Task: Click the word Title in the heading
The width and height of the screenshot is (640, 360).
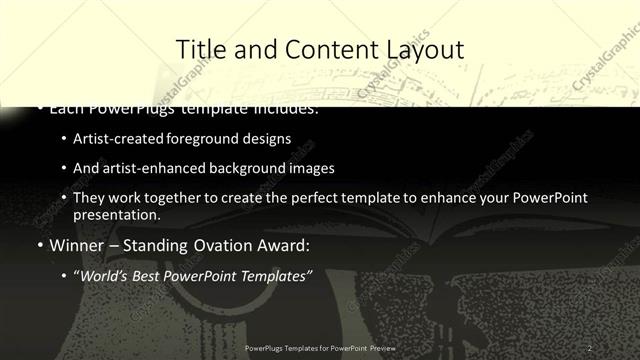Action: (x=200, y=49)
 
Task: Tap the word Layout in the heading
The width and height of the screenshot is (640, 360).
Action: (x=420, y=49)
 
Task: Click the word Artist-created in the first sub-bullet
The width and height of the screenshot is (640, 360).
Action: (x=112, y=139)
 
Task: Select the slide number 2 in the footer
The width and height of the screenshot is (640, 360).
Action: (x=590, y=347)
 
